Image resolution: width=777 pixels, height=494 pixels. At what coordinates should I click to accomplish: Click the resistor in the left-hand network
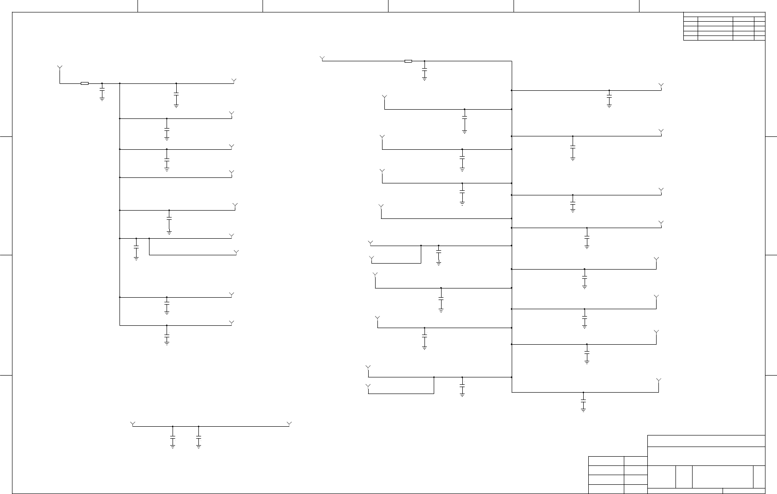[x=84, y=83]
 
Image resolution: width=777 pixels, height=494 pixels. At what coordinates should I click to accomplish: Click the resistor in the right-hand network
[x=408, y=61]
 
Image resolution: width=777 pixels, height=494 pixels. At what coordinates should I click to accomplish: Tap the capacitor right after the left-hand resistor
[x=102, y=89]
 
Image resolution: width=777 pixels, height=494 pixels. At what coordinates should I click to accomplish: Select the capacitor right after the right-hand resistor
[x=424, y=69]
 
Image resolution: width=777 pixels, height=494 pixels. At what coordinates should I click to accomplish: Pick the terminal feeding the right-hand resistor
[x=322, y=58]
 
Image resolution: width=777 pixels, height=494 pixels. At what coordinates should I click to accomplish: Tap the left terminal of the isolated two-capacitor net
[x=133, y=423]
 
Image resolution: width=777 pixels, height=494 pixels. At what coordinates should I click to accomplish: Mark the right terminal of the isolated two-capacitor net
[x=289, y=423]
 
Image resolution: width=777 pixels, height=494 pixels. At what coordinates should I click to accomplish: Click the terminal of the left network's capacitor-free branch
[x=232, y=173]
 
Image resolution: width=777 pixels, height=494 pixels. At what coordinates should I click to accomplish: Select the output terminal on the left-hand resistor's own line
[x=234, y=81]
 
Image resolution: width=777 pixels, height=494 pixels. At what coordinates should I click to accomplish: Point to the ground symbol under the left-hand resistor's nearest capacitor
[x=102, y=99]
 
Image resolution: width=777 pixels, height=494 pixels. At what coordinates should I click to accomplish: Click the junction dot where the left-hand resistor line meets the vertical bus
[x=120, y=83]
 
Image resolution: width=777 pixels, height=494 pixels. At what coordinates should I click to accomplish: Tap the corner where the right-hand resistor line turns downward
[x=512, y=61]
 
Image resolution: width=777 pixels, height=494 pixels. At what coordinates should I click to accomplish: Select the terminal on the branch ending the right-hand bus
[x=658, y=381]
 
